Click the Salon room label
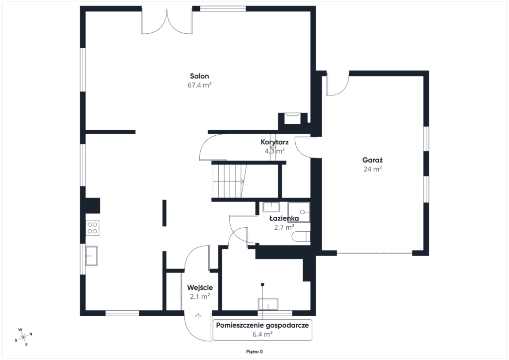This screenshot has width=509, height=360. coord(199,76)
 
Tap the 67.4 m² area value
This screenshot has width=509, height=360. coord(199,85)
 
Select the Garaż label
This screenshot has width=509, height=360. coord(372,160)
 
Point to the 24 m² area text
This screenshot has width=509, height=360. coord(372,169)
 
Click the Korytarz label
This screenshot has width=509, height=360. coord(274,142)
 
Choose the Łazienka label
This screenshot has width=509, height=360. coord(284,218)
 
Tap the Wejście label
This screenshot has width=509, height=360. coord(200,287)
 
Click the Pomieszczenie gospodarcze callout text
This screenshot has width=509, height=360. coord(262,325)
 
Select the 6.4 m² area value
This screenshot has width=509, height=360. coord(262,334)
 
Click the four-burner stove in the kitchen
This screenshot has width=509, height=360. coord(92,228)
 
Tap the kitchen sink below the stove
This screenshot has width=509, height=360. coord(91,256)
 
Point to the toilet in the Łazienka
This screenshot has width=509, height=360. coord(301,237)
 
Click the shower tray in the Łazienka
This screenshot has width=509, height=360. coord(299,212)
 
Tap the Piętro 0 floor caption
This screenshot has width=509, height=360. coord(254,352)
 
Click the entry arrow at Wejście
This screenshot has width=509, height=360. coord(198,316)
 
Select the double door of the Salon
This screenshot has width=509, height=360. coord(167,21)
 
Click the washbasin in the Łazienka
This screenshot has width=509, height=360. coord(271,207)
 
